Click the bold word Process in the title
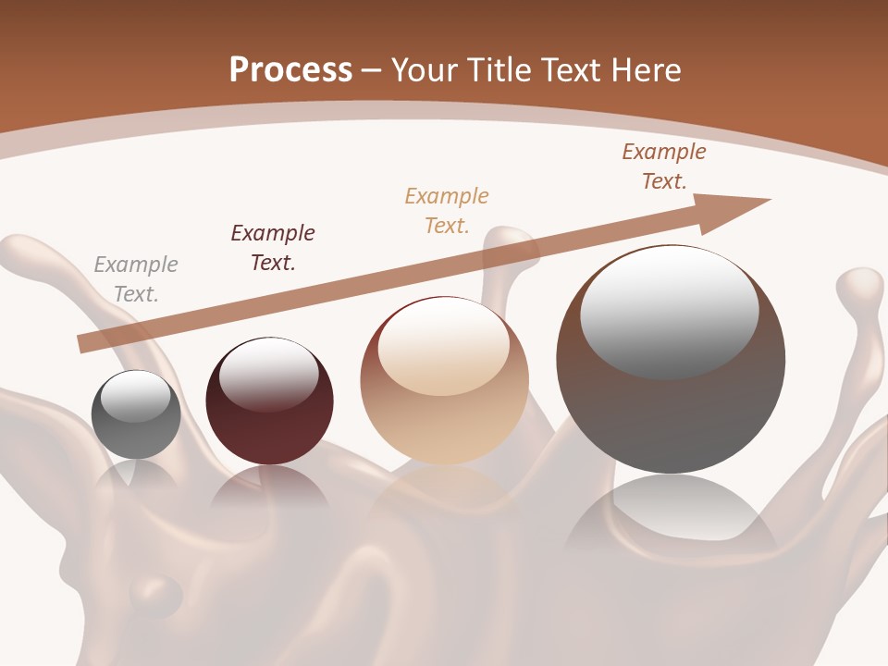(x=290, y=70)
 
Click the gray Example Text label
(x=136, y=279)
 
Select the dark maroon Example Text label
(x=273, y=248)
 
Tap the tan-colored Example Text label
(x=447, y=211)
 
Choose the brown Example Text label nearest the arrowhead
(x=664, y=166)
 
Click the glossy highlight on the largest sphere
(x=670, y=310)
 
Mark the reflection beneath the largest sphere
(x=671, y=518)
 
